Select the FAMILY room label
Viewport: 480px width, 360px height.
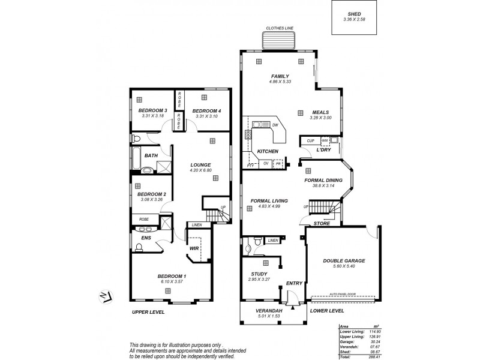(279, 76)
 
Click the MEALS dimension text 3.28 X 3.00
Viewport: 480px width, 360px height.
(321, 118)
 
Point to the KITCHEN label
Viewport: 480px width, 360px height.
(267, 151)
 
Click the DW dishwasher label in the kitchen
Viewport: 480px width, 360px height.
(275, 125)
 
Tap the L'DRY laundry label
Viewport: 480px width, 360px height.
(324, 149)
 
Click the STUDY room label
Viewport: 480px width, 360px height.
(259, 274)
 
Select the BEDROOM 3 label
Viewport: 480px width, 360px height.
(152, 110)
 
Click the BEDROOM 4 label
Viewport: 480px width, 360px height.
(206, 110)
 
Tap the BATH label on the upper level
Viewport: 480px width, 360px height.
(151, 155)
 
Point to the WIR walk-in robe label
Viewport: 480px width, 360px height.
(194, 247)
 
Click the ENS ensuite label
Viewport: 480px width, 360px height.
(146, 238)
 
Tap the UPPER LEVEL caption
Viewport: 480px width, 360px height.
(148, 312)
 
